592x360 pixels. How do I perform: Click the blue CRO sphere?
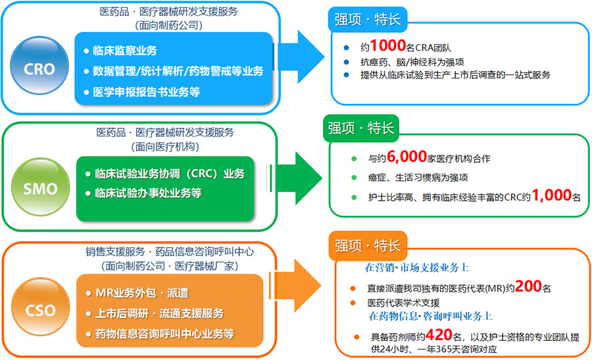pyautogui.click(x=39, y=65)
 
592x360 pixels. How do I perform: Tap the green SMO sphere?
pyautogui.click(x=40, y=187)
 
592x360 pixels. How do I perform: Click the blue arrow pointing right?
pyautogui.click(x=299, y=57)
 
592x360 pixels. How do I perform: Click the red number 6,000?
pyautogui.click(x=407, y=157)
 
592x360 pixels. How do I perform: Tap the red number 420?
pyautogui.click(x=439, y=335)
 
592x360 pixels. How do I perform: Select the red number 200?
pyautogui.click(x=528, y=286)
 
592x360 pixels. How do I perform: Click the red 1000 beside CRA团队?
pyautogui.click(x=387, y=45)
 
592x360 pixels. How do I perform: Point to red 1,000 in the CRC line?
pyautogui.click(x=551, y=195)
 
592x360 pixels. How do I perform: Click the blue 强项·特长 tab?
pyautogui.click(x=368, y=19)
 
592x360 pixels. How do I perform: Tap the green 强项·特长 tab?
pyautogui.click(x=361, y=128)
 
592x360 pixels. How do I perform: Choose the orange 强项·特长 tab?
pyautogui.click(x=368, y=245)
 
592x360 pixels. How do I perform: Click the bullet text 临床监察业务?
pyautogui.click(x=124, y=51)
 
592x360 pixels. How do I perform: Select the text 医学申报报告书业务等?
pyautogui.click(x=146, y=91)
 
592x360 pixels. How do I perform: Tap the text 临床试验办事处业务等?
pyautogui.click(x=148, y=193)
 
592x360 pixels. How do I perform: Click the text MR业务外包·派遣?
pyautogui.click(x=142, y=293)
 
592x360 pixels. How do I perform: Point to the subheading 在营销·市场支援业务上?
pyautogui.click(x=417, y=268)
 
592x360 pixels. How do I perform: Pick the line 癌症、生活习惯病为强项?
pyautogui.click(x=418, y=178)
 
